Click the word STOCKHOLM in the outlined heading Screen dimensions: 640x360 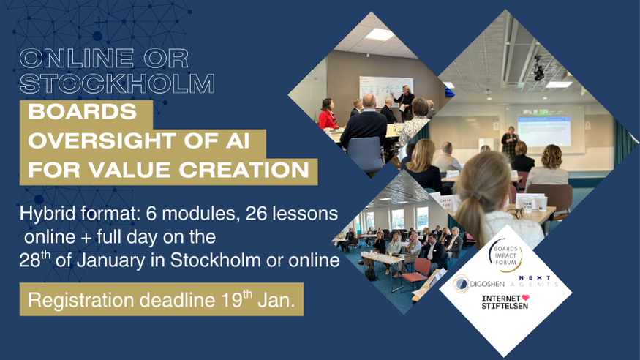tap(117, 83)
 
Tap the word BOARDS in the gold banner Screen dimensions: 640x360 tap(83, 112)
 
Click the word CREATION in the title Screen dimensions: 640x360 tap(244, 170)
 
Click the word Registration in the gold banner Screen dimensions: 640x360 tap(80, 301)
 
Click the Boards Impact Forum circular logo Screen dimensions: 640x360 tap(505, 255)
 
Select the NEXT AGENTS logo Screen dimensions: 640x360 tap(535, 281)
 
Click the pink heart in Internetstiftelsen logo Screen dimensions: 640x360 tap(525, 299)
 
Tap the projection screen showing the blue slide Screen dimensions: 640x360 tap(543, 130)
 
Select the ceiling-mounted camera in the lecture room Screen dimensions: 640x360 tap(538, 69)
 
